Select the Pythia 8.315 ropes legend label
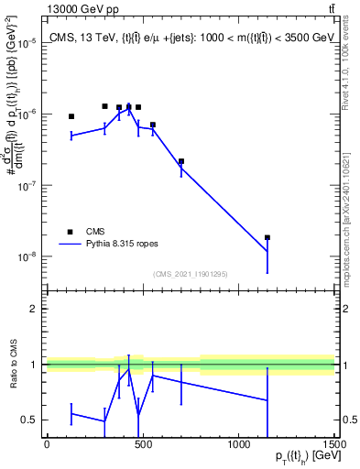[x=122, y=245]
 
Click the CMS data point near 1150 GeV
[x=267, y=237]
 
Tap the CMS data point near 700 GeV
[x=181, y=161]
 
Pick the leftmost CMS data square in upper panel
[x=71, y=116]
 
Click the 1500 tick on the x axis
[x=336, y=444]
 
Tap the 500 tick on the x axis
[x=143, y=444]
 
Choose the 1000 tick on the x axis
[x=239, y=444]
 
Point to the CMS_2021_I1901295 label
[x=191, y=274]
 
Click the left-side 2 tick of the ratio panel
[x=34, y=309]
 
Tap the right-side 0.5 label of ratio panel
[x=348, y=420]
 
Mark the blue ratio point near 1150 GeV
[x=267, y=400]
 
